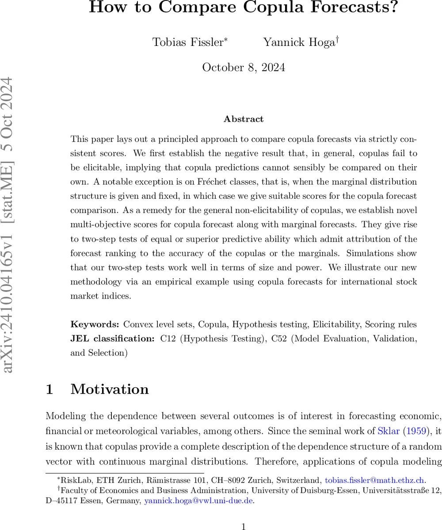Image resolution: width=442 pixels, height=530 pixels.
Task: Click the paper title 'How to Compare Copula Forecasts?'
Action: (244, 8)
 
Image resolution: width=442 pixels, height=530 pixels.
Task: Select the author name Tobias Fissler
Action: (188, 42)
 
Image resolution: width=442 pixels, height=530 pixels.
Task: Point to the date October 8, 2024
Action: (244, 68)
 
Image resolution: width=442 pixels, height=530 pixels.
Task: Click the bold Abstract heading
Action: (244, 119)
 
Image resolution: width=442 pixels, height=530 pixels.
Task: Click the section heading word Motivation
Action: (110, 389)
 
